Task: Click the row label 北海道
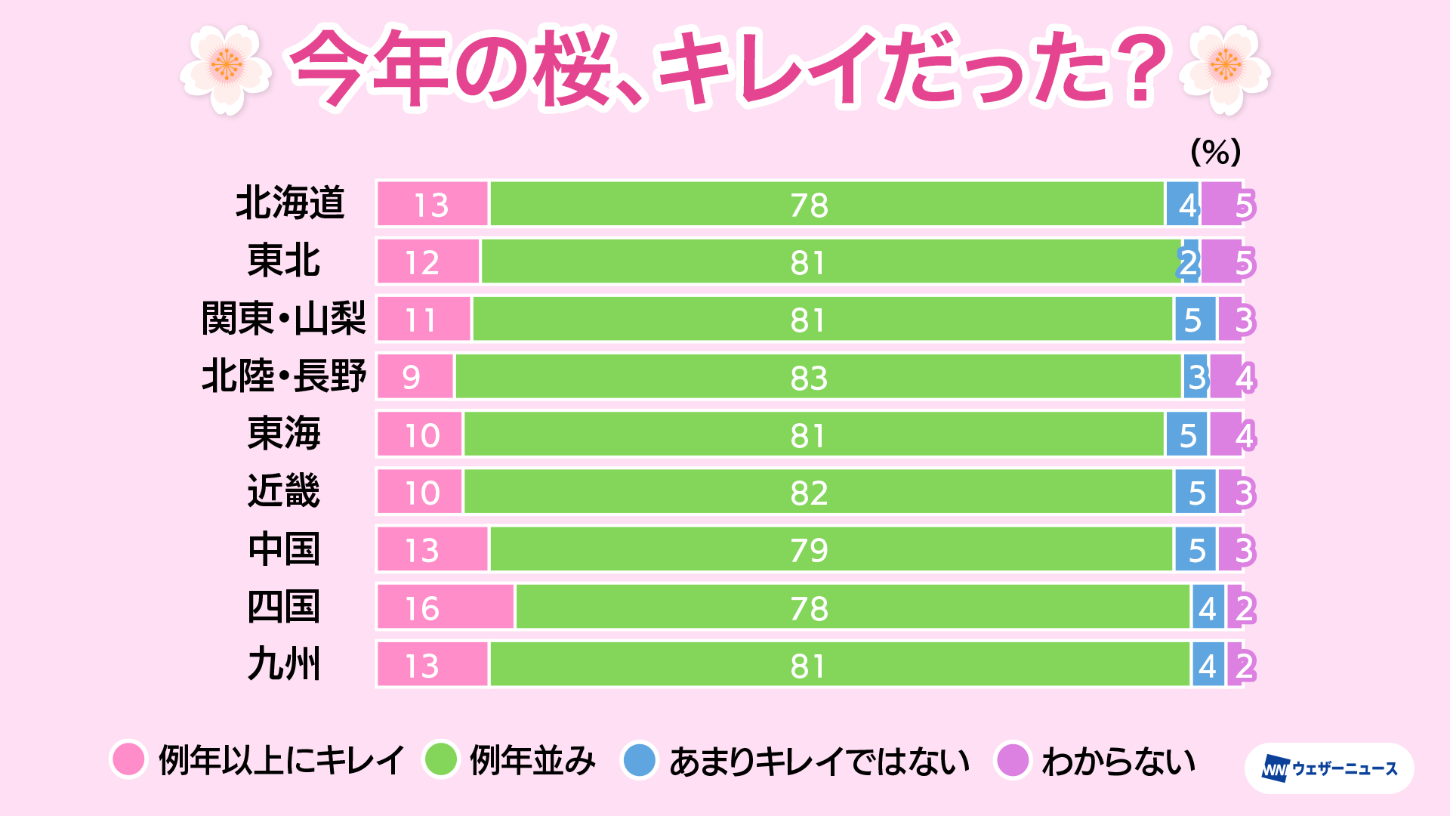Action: (x=290, y=203)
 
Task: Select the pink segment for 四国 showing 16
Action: (x=446, y=607)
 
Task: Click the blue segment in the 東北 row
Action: (x=1191, y=262)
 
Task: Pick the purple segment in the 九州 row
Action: (x=1236, y=665)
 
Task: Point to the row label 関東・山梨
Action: (x=283, y=318)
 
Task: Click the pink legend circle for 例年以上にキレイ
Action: (x=128, y=759)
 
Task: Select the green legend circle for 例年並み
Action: (x=440, y=759)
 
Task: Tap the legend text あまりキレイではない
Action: (x=819, y=761)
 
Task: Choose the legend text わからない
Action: (x=1118, y=761)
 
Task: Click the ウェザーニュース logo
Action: (x=1329, y=768)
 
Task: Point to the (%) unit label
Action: (x=1215, y=153)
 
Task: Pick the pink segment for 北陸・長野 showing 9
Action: (x=415, y=376)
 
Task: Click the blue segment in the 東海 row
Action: (x=1186, y=434)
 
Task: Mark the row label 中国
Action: (x=284, y=549)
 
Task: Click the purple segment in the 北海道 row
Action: (x=1222, y=204)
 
